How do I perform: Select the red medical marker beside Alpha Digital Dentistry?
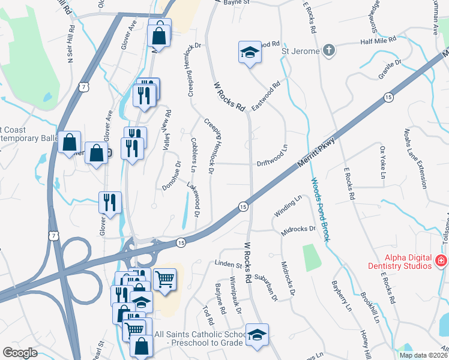point(441,260)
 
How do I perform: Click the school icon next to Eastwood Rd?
point(249,52)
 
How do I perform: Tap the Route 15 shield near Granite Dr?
point(388,97)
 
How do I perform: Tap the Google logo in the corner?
point(20,353)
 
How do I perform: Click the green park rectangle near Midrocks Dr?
point(311,256)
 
